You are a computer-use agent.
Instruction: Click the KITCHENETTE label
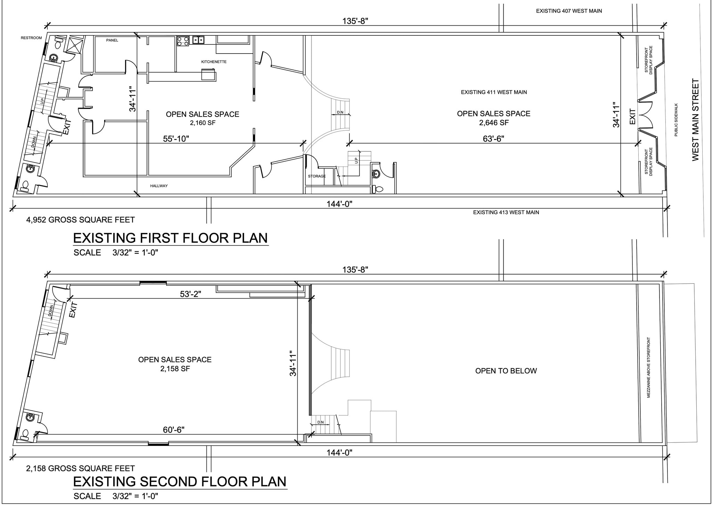pos(214,62)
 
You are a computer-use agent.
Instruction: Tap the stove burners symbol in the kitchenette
pos(183,41)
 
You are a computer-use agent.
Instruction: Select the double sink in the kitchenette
pos(198,40)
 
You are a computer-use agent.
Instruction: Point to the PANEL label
pos(112,40)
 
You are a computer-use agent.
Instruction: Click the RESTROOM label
pos(31,38)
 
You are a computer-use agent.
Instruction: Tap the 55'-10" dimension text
pos(176,139)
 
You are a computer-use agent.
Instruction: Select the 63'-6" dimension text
pos(494,139)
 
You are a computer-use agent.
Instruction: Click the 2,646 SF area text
pos(494,123)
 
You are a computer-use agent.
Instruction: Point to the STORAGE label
pos(317,176)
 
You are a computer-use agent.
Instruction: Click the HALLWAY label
pos(159,186)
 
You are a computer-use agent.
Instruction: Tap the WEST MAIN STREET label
pos(695,120)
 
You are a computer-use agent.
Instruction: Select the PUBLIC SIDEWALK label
pos(676,120)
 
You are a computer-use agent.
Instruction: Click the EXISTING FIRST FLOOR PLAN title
pos(170,238)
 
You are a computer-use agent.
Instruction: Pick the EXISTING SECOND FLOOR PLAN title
pos(180,482)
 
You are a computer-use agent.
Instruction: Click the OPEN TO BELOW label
pos(506,371)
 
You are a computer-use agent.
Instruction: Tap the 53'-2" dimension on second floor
pos(191,294)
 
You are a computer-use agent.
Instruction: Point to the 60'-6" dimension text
pos(173,430)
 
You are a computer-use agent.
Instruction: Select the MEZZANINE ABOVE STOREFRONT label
pos(649,367)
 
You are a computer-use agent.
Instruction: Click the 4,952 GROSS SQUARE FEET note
pos(80,220)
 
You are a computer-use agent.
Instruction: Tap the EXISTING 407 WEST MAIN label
pos(569,11)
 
